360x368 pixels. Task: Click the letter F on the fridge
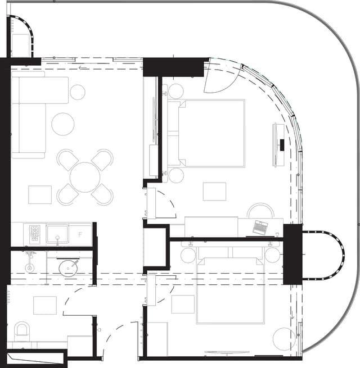pyautogui.click(x=80, y=234)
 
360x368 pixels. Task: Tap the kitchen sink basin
pyautogui.click(x=57, y=233)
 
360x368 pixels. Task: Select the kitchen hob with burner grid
pyautogui.click(x=34, y=233)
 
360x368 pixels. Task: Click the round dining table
pyautogui.click(x=85, y=176)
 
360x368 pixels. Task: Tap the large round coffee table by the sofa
pyautogui.click(x=63, y=124)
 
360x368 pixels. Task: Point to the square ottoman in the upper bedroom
pyautogui.click(x=214, y=192)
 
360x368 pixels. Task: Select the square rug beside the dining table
pyautogui.click(x=40, y=195)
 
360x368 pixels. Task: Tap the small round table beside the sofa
pyautogui.click(x=78, y=92)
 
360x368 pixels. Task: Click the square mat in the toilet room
pyautogui.click(x=45, y=305)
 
